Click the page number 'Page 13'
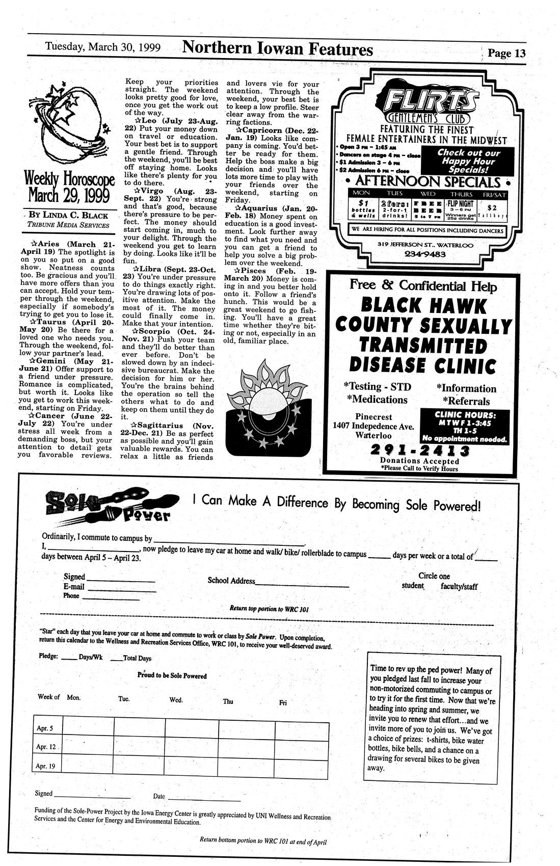[506, 54]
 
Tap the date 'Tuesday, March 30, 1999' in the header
[103, 47]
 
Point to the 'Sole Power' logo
[108, 506]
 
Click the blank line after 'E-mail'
[122, 590]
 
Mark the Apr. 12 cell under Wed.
[192, 747]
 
